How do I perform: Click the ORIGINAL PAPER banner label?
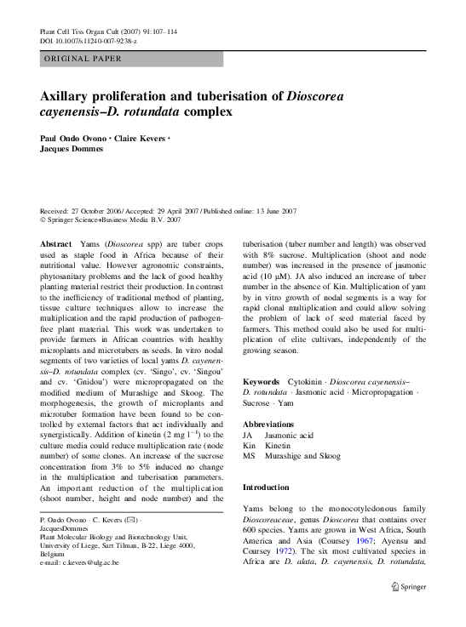[x=82, y=59]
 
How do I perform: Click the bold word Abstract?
[x=55, y=243]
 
